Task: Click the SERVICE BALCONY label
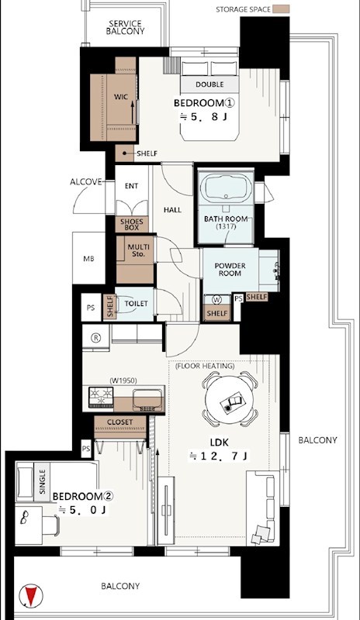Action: click(x=125, y=28)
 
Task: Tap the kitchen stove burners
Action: click(x=101, y=397)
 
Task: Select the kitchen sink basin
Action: click(x=147, y=398)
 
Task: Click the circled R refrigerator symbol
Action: click(x=95, y=338)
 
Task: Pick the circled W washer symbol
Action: click(x=216, y=300)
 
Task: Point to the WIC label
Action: click(x=121, y=96)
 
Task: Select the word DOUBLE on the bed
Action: click(x=209, y=84)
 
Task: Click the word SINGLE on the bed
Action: click(x=43, y=481)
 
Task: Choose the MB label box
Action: click(x=88, y=259)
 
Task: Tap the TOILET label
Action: click(x=136, y=304)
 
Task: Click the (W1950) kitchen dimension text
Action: click(x=123, y=381)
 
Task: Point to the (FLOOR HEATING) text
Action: click(x=205, y=366)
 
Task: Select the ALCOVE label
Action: click(x=86, y=182)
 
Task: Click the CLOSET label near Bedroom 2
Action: click(x=120, y=422)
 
